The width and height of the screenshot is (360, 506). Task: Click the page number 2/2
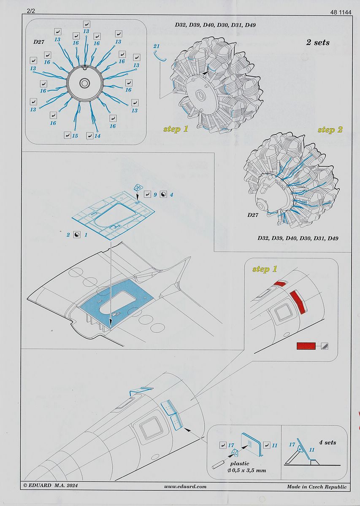(x=31, y=11)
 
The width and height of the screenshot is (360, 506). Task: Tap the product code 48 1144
(x=341, y=12)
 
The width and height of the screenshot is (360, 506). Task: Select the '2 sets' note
(x=318, y=42)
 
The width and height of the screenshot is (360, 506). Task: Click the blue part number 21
(x=156, y=46)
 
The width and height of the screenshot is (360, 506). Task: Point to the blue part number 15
(x=75, y=136)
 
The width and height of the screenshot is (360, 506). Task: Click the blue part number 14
(x=97, y=136)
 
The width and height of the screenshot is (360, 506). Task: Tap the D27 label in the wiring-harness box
(x=39, y=42)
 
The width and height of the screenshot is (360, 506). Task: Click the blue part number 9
(x=155, y=194)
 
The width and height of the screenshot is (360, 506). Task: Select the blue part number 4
(x=171, y=194)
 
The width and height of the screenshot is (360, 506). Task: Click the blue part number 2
(x=68, y=235)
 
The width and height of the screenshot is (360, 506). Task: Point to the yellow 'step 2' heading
(x=330, y=130)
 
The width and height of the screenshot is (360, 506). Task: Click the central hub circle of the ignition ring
(x=84, y=83)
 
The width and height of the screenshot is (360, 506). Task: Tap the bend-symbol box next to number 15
(x=68, y=135)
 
